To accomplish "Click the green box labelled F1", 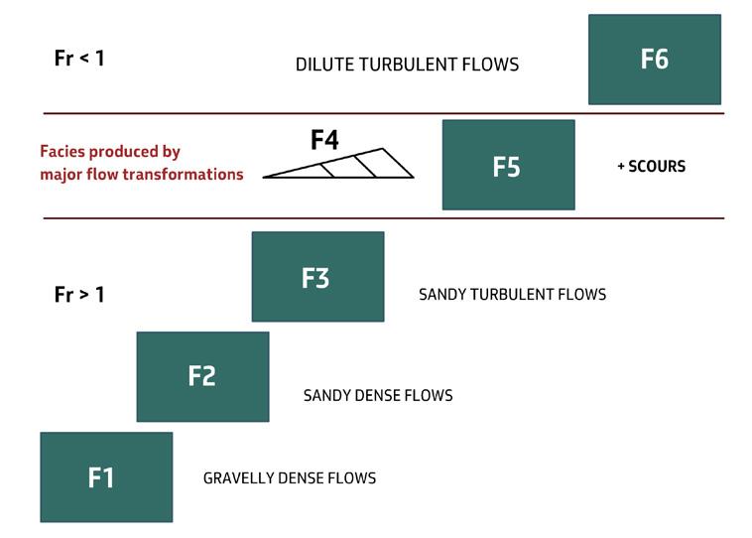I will pyautogui.click(x=106, y=477).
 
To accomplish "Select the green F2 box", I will pyautogui.click(x=202, y=376).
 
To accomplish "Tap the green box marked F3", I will pyautogui.click(x=317, y=277).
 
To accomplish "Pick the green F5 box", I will pyautogui.click(x=508, y=165).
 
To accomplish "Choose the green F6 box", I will pyautogui.click(x=654, y=60).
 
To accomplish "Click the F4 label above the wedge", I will pyautogui.click(x=324, y=141).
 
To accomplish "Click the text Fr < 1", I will pyautogui.click(x=79, y=58).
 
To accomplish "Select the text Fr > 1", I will pyautogui.click(x=79, y=295).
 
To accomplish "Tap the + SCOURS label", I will pyautogui.click(x=651, y=166).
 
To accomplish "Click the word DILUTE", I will pyautogui.click(x=324, y=66).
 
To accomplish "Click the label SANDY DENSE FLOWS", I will pyautogui.click(x=378, y=396).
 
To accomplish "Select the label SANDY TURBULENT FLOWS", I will pyautogui.click(x=512, y=295).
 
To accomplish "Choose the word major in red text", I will pyautogui.click(x=62, y=175).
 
